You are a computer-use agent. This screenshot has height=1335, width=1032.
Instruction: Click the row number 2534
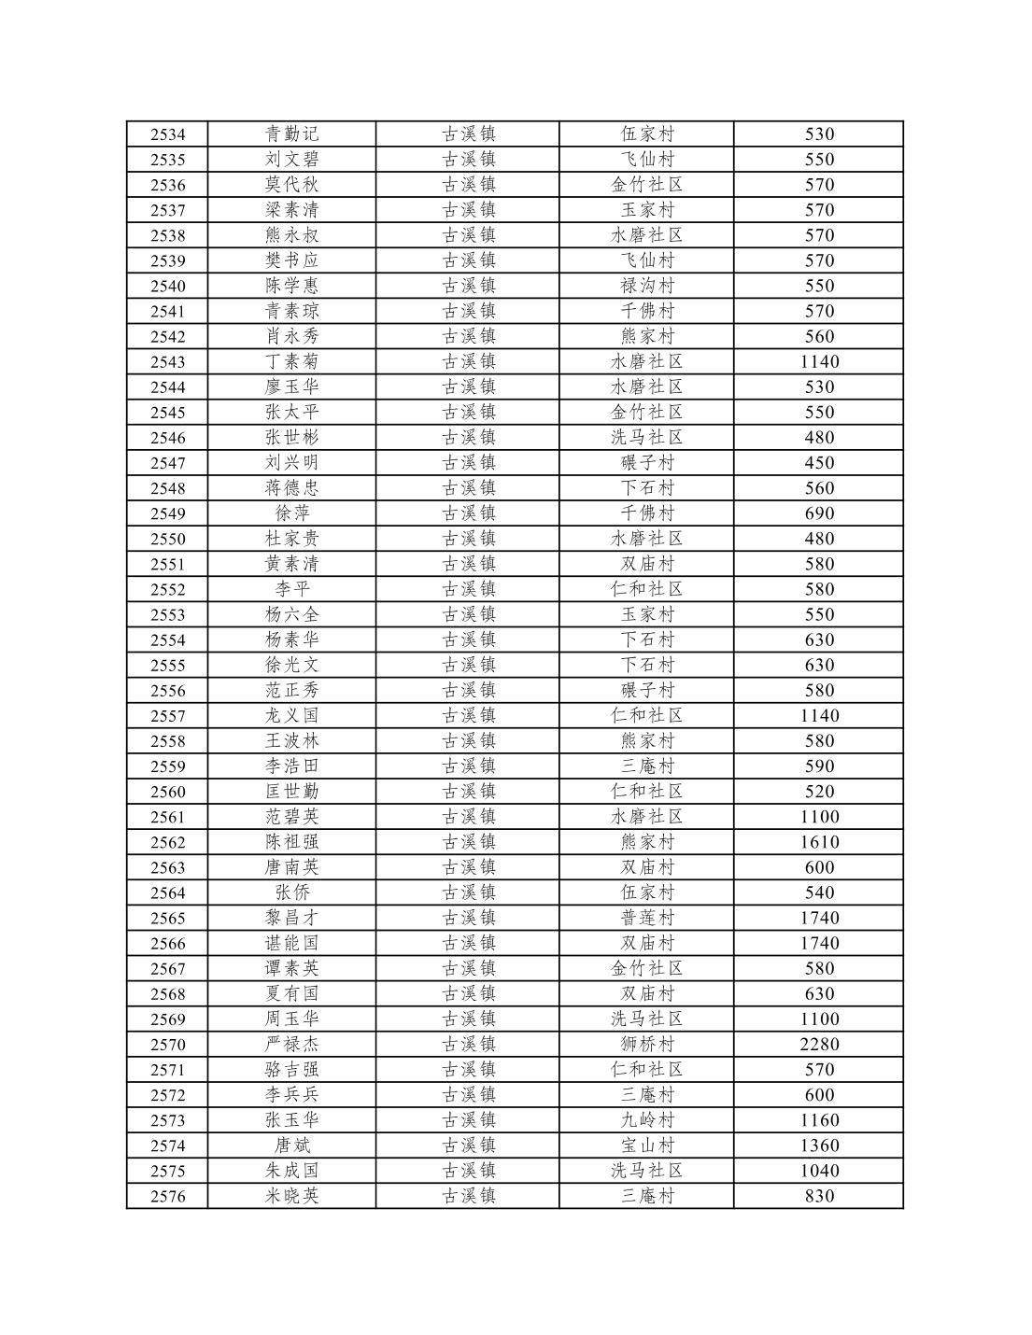(167, 134)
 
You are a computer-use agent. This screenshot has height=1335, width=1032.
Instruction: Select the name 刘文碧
(291, 160)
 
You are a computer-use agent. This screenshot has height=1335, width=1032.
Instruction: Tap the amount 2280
(819, 1045)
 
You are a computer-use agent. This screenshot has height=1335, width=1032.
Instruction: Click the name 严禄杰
(291, 1045)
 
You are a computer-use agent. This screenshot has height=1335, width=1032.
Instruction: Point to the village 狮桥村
(646, 1045)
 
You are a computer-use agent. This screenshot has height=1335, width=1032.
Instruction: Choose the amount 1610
(819, 842)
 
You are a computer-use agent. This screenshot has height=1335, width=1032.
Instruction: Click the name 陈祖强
(291, 842)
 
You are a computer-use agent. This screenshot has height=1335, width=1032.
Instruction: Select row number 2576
(167, 1197)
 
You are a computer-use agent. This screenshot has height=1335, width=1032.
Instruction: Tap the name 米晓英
(291, 1197)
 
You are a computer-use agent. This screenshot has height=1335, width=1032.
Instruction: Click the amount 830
(819, 1197)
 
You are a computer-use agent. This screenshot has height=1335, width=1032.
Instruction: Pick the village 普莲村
(646, 919)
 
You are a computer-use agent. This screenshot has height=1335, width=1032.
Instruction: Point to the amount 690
(819, 513)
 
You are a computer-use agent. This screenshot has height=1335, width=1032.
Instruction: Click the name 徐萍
(291, 513)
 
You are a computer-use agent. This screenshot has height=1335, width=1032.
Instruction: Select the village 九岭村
(646, 1120)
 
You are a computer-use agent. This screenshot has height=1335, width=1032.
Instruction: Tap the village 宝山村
(646, 1145)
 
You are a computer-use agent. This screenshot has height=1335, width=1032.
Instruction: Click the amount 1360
(819, 1145)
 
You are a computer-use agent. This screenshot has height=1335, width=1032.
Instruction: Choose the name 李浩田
(291, 766)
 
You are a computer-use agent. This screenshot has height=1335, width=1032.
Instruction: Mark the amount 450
(819, 463)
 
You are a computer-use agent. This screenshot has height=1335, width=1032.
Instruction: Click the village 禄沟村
(646, 286)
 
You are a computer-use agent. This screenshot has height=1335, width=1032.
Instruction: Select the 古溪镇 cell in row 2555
(468, 666)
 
